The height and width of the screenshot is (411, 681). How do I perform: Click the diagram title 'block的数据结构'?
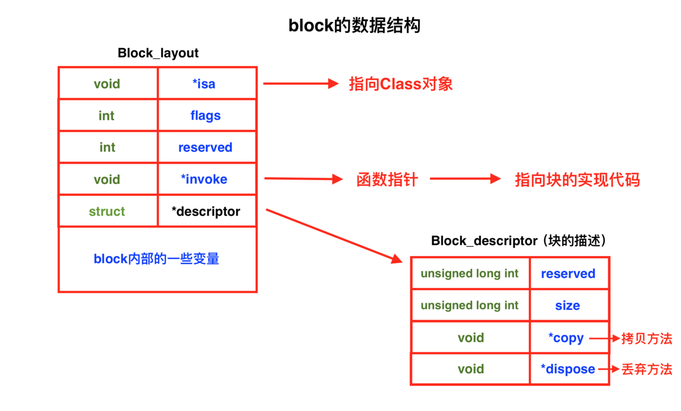pyautogui.click(x=354, y=25)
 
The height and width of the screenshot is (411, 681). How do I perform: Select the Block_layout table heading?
pyautogui.click(x=158, y=53)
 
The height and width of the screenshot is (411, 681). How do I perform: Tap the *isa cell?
pyautogui.click(x=204, y=84)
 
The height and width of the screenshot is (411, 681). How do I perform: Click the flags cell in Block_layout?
pyautogui.click(x=205, y=116)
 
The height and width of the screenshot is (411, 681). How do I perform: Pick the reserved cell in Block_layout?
pyautogui.click(x=205, y=148)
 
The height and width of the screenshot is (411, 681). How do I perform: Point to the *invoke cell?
pyautogui.click(x=204, y=180)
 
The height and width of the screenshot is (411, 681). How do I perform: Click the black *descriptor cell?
pyautogui.click(x=206, y=212)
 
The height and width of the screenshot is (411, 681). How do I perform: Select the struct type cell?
pyautogui.click(x=107, y=212)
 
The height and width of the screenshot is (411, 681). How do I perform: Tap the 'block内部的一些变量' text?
pyautogui.click(x=157, y=259)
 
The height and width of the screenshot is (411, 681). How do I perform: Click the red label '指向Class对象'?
pyautogui.click(x=400, y=84)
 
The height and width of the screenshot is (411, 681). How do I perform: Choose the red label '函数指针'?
pyautogui.click(x=387, y=180)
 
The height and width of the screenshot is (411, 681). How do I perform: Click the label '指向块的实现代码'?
pyautogui.click(x=577, y=180)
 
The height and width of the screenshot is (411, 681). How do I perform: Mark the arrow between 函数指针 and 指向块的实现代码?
pyautogui.click(x=465, y=179)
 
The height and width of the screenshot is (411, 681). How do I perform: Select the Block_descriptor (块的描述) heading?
pyautogui.click(x=518, y=241)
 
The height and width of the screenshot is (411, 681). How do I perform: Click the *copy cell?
pyautogui.click(x=566, y=338)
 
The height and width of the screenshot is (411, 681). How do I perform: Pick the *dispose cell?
pyautogui.click(x=568, y=369)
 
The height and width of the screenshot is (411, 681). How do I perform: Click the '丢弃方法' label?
pyautogui.click(x=646, y=369)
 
